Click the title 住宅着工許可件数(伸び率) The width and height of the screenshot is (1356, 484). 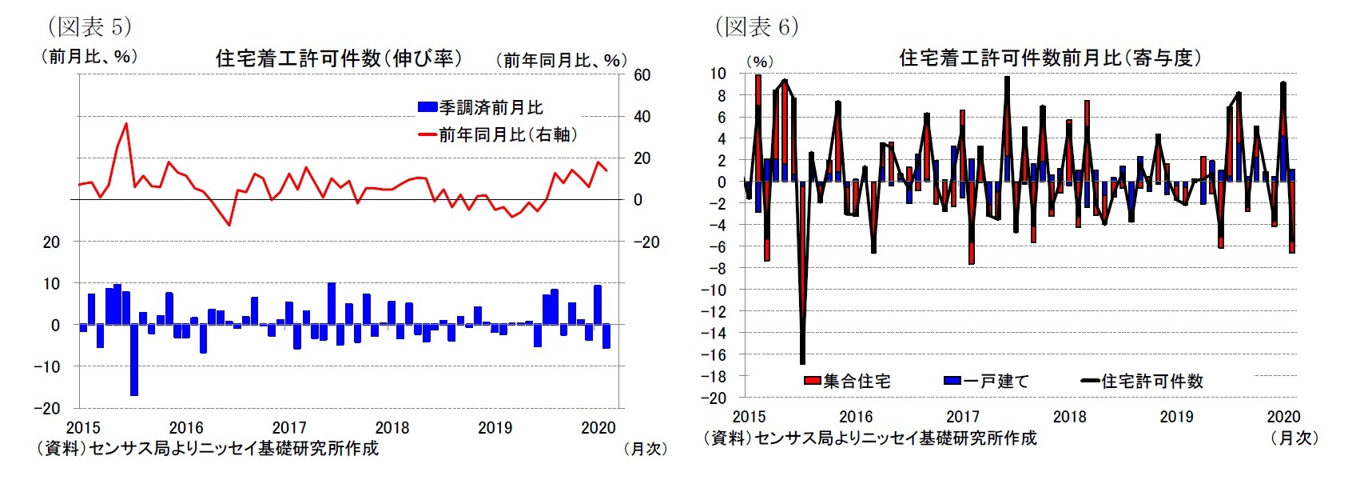point(338,58)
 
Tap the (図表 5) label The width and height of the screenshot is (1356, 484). point(89,26)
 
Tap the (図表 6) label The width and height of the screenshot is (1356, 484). point(756,26)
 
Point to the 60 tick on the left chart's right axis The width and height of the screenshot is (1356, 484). point(642,75)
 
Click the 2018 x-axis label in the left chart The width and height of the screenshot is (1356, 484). point(392,428)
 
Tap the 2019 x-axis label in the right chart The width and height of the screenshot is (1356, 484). point(1176,417)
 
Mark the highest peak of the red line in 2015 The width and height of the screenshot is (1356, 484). point(126,124)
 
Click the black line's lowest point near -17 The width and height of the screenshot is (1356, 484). point(802,363)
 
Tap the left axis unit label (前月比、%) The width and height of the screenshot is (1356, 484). point(89,57)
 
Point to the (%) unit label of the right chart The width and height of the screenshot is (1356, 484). point(759,62)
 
